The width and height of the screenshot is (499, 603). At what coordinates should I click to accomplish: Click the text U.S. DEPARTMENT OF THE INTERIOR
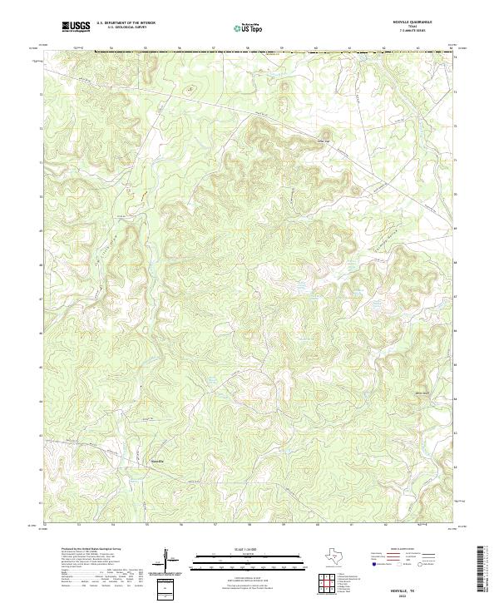[126, 23]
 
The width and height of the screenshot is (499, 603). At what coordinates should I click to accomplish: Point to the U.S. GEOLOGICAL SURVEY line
[126, 28]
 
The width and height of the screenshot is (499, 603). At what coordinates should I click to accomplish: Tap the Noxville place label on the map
[157, 460]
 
